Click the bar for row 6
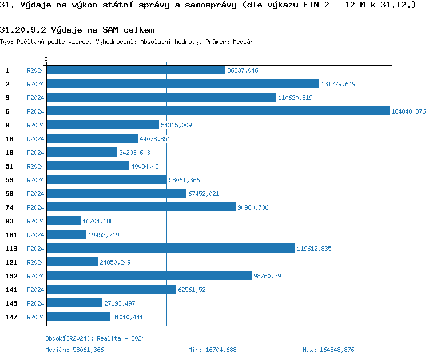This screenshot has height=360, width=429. pos(217,111)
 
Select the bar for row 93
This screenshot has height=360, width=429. pos(63,221)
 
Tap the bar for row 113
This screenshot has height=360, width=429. pos(170,248)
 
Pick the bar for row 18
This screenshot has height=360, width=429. pos(82,152)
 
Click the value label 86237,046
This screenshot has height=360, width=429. pos(243,70)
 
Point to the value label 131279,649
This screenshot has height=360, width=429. pos(338,84)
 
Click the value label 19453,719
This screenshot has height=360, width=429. pos(104,235)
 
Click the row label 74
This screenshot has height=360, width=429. pos(9,207)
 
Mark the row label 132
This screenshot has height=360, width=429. pos(11,275)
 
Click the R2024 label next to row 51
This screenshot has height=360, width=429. pos(35,166)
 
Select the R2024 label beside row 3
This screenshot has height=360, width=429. pos(35,98)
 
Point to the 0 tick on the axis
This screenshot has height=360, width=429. pos(46,59)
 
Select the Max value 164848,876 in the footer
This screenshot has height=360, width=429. pos(336,350)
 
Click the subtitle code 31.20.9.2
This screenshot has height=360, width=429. pos(23,30)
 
